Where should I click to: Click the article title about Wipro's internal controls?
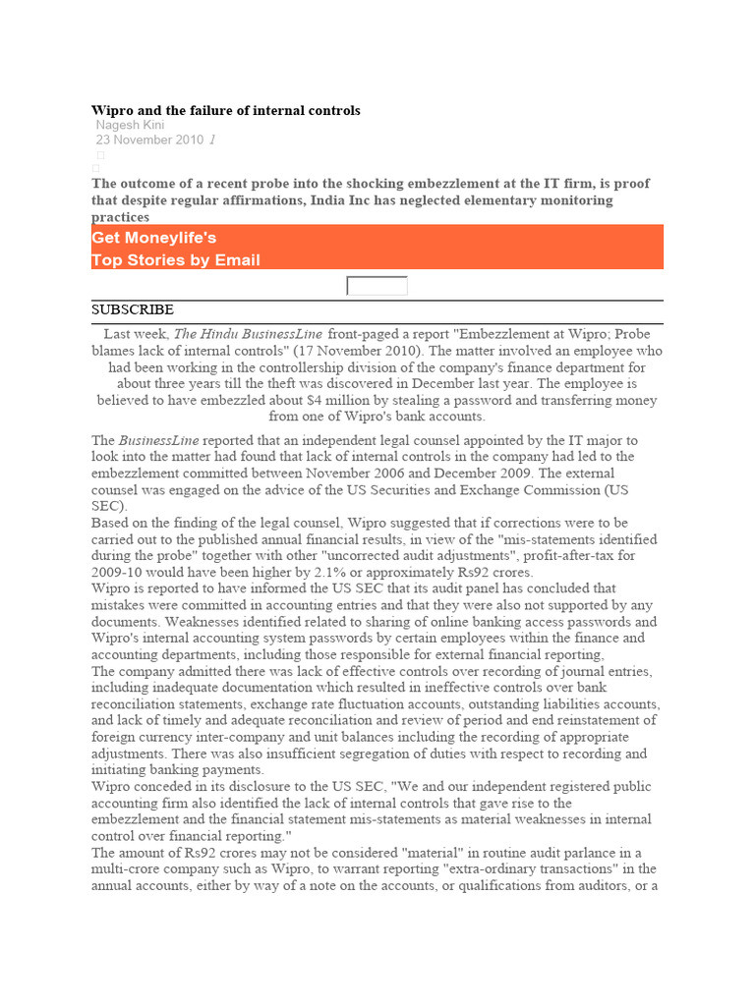pyautogui.click(x=226, y=111)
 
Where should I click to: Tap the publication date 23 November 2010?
pyautogui.click(x=149, y=140)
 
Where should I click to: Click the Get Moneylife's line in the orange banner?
pyautogui.click(x=154, y=238)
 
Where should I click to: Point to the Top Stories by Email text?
pyautogui.click(x=176, y=260)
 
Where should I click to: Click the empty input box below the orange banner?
pyautogui.click(x=377, y=286)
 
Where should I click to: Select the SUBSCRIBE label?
pyautogui.click(x=133, y=309)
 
